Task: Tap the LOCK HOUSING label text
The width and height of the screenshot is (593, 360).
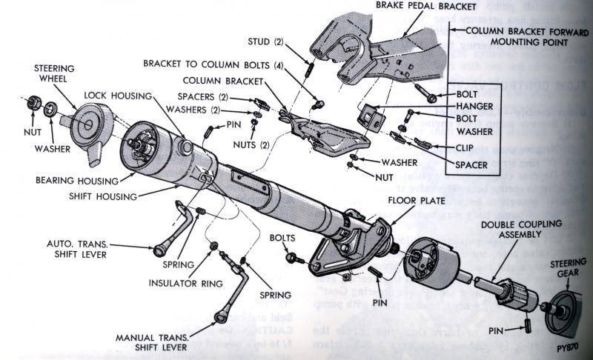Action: pos(117,96)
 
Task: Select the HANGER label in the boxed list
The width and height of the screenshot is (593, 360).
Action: pos(469,106)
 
